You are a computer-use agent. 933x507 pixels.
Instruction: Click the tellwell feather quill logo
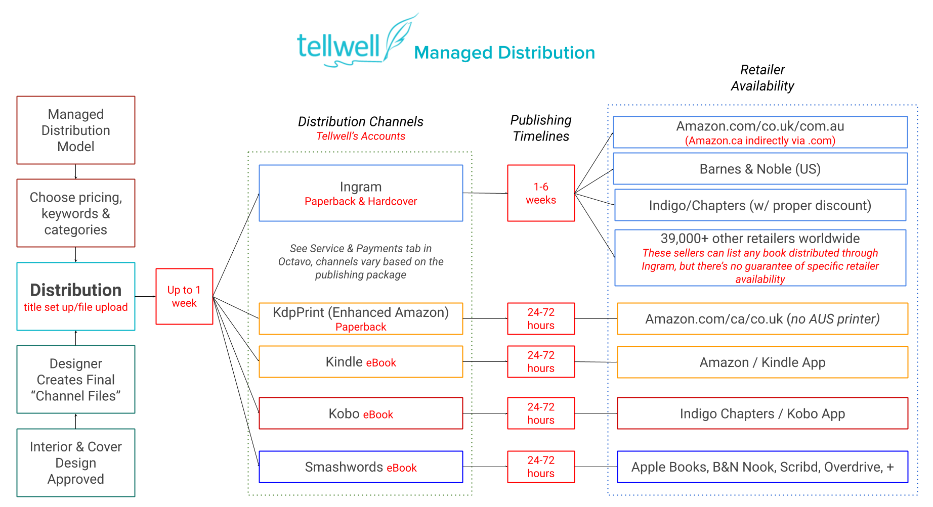[400, 38]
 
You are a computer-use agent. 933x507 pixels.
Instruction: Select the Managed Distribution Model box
[76, 130]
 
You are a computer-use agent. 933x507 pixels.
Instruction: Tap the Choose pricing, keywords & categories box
[76, 213]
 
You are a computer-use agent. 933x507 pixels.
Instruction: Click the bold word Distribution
[76, 290]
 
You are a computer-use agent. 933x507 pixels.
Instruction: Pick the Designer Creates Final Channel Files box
[76, 380]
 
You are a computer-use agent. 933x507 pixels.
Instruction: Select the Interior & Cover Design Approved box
[76, 463]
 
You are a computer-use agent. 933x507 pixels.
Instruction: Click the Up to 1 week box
[184, 297]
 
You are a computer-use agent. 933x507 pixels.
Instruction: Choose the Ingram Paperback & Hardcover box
[361, 194]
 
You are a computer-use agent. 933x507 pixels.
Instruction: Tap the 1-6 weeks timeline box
[541, 194]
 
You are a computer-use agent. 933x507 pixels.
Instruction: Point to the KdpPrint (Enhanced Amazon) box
[361, 319]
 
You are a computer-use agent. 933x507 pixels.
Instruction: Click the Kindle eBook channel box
[361, 362]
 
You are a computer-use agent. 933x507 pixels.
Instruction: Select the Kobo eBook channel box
[361, 413]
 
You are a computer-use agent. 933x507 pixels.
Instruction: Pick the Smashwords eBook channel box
[361, 467]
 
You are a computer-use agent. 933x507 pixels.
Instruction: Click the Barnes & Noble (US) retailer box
[760, 169]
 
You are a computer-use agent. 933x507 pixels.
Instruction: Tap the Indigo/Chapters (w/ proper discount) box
[760, 205]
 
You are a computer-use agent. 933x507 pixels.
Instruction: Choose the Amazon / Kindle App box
[762, 362]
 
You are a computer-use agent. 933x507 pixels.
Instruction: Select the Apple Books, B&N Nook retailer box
[762, 467]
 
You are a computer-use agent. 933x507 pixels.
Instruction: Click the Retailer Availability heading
[762, 78]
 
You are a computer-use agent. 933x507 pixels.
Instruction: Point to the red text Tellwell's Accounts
[361, 136]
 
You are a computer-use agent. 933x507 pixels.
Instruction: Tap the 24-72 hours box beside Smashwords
[541, 467]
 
